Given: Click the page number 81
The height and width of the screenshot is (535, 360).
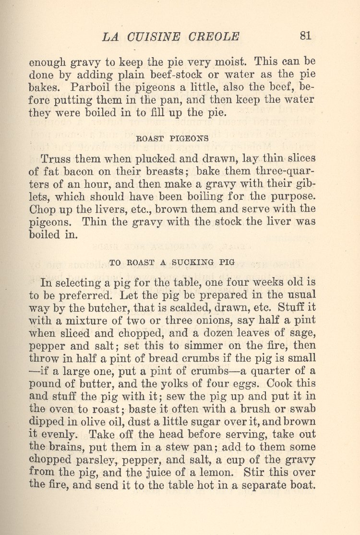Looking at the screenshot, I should pyautogui.click(x=305, y=36).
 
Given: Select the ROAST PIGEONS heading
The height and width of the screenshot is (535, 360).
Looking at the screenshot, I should pyautogui.click(x=172, y=138).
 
